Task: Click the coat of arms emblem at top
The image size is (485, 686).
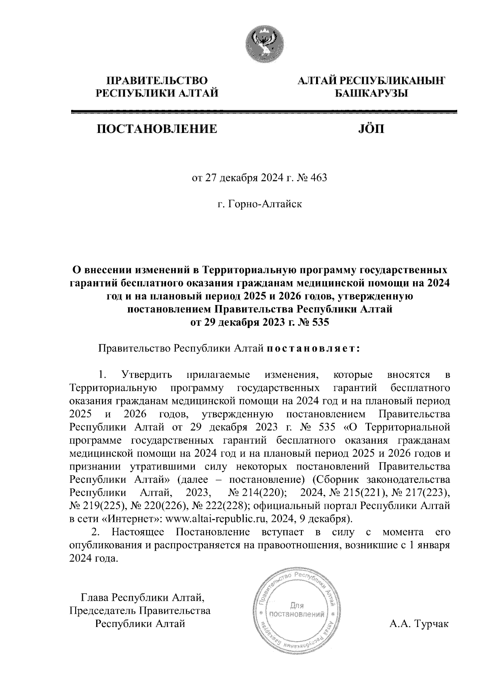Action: point(265,44)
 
